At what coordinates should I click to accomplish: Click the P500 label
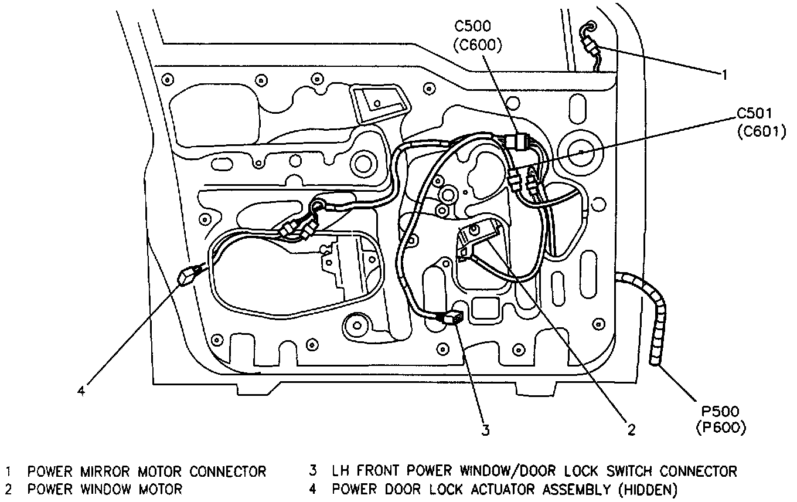720,413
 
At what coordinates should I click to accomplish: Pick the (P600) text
721,429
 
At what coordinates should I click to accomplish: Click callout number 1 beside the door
724,74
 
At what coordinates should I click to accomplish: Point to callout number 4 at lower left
82,390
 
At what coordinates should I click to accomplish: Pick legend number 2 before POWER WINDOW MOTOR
9,489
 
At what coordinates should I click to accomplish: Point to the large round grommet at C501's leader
580,151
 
